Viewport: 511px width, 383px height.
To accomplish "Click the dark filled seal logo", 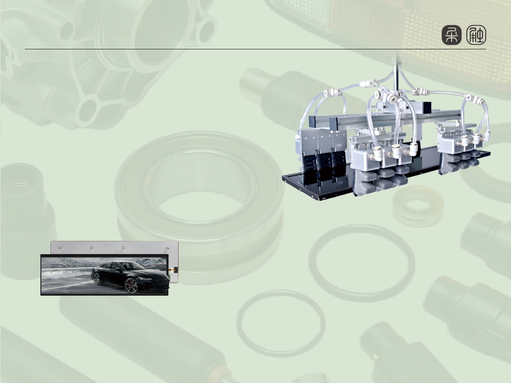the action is tap(451, 35).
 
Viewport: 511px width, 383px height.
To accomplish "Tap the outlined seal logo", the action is tap(476, 35).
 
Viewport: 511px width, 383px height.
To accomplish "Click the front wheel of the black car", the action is tap(131, 285).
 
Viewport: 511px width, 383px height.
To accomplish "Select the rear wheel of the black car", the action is tap(96, 278).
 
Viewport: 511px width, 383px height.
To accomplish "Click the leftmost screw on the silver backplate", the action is tap(60, 248).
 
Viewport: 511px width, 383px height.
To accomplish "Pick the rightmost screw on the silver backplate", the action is tap(168, 248).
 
